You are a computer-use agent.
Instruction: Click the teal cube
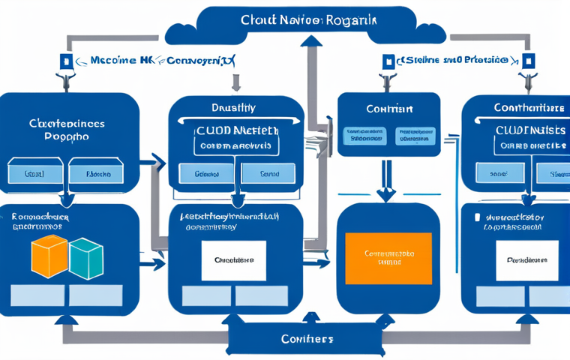click(x=85, y=259)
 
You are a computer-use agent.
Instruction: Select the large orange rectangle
click(x=388, y=258)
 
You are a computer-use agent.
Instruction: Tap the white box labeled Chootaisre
click(x=234, y=259)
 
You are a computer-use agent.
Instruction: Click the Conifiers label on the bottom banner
click(x=307, y=339)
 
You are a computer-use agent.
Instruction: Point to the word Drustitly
click(x=235, y=109)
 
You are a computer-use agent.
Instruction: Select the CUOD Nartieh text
click(x=236, y=130)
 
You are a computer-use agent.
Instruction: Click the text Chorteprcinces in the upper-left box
click(x=67, y=123)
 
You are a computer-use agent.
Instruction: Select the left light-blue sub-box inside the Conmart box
click(x=364, y=135)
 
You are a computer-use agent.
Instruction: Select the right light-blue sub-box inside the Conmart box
click(x=414, y=135)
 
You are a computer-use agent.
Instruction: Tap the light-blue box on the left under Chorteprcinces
click(x=34, y=172)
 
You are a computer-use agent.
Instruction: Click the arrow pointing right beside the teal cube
click(x=156, y=264)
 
